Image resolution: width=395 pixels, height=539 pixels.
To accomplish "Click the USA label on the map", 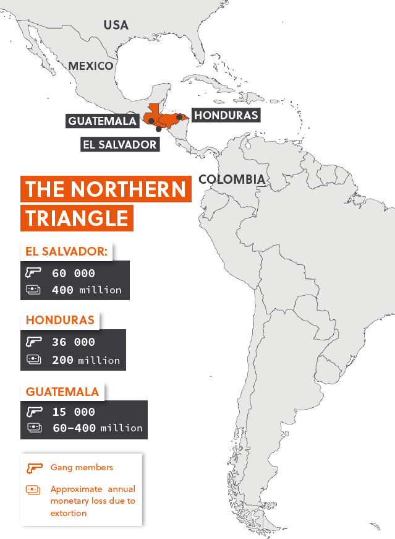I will click(116, 25).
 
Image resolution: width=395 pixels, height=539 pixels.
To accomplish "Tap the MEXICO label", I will click(91, 66).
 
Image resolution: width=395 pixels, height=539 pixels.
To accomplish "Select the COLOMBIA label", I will click(232, 179).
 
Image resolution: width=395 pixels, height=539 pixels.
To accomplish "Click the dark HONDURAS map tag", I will click(225, 115).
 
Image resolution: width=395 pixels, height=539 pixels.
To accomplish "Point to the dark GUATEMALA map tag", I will click(102, 121).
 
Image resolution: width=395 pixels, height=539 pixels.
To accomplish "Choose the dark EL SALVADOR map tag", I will click(119, 144).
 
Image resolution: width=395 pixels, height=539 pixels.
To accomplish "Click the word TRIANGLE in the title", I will click(77, 218).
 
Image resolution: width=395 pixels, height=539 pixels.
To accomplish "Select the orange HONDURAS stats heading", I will click(60, 320).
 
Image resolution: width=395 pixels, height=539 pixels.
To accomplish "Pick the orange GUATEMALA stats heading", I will click(62, 392).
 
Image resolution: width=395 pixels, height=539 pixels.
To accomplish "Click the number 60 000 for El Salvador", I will click(74, 273).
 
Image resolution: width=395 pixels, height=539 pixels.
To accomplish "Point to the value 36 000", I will click(74, 342).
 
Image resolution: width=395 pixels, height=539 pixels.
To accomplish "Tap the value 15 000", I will click(74, 412).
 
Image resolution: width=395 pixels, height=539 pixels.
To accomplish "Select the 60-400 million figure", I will click(98, 428).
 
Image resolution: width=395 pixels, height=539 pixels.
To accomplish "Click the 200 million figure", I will click(87, 360).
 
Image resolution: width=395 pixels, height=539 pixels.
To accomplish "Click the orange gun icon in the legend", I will click(33, 468).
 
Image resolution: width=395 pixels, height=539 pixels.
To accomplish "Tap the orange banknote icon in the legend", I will click(33, 489).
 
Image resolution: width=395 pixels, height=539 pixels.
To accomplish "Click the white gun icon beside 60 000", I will click(33, 272).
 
